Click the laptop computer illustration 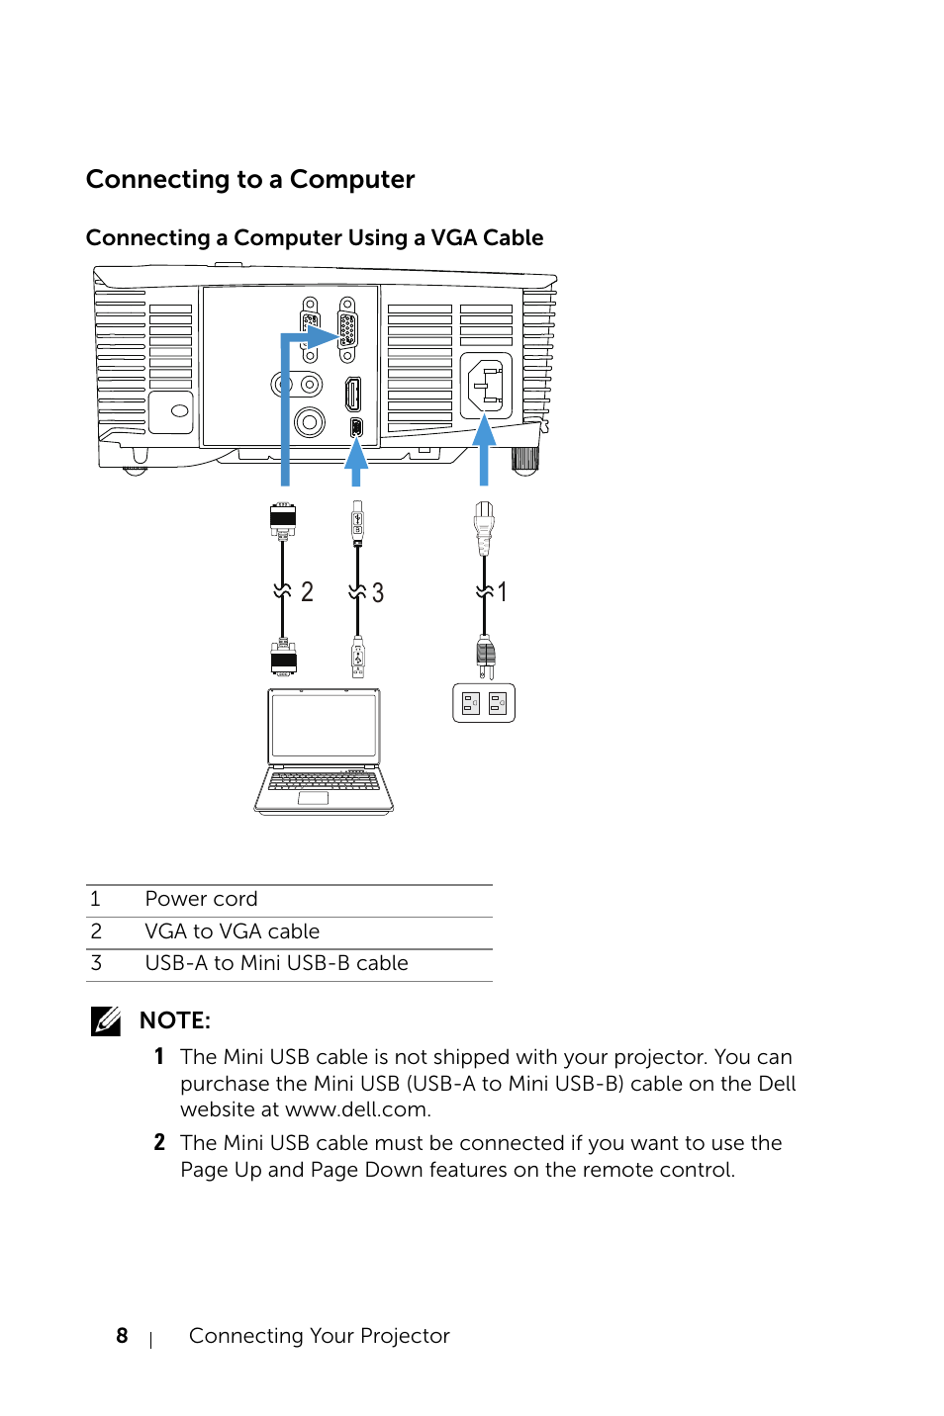click(324, 752)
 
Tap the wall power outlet click(484, 703)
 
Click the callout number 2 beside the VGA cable click(307, 591)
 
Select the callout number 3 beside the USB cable click(378, 592)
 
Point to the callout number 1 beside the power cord click(503, 592)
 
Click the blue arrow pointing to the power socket click(484, 449)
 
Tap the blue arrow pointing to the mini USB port click(356, 461)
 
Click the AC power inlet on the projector click(486, 387)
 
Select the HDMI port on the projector click(353, 395)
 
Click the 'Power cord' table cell click(201, 899)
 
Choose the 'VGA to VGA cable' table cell click(233, 931)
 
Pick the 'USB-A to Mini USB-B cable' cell click(276, 963)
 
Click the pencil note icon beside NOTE click(106, 1020)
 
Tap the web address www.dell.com click(358, 1109)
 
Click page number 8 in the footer click(122, 1336)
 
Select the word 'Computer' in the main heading click(352, 180)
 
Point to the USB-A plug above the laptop click(358, 658)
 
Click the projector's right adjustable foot click(525, 460)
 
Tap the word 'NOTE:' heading click(174, 1020)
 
